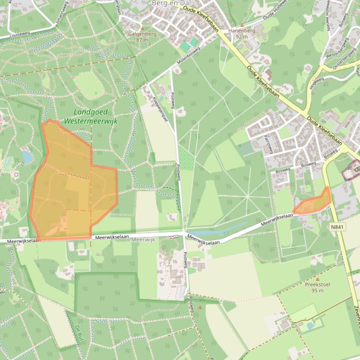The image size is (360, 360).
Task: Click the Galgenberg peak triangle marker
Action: pos(142,28)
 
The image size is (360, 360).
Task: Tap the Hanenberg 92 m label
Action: pos(242,33)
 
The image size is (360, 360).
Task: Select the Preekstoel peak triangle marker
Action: pos(317,279)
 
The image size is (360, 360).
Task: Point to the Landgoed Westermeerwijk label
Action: pos(91,116)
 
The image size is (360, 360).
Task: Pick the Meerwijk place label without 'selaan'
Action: pos(143,239)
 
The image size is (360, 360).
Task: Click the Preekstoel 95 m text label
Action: pos(317,288)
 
